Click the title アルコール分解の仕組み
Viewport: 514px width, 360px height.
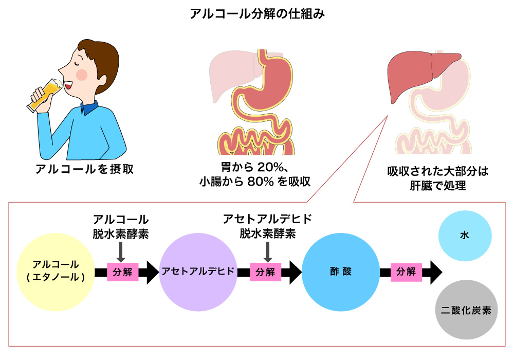coord(257,13)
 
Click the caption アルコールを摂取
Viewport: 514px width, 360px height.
coord(84,169)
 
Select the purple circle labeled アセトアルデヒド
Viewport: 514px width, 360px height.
coord(198,272)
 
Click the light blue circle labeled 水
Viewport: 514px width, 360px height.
coord(465,236)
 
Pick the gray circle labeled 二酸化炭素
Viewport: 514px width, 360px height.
coord(466,311)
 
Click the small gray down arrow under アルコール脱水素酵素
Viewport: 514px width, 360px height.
coord(121,251)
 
